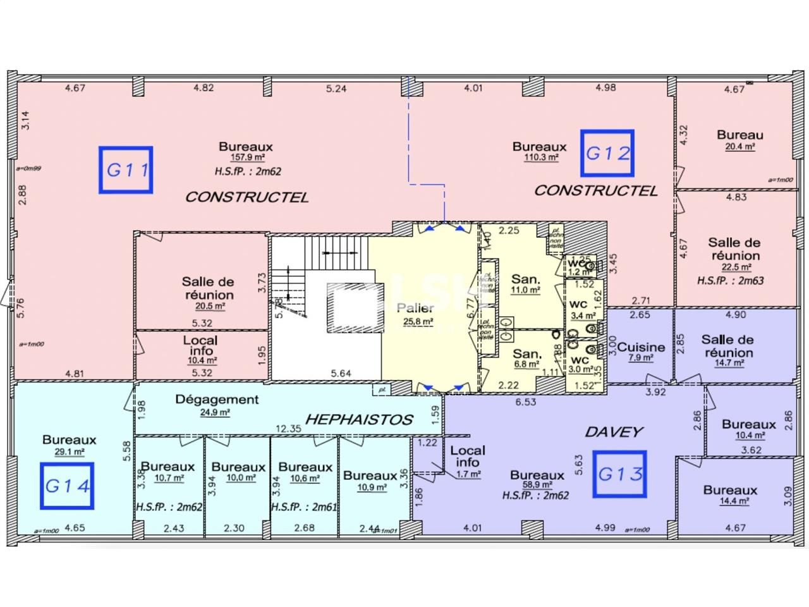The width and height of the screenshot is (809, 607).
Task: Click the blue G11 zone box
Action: point(126,169)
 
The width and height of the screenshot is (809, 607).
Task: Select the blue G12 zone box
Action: point(607,153)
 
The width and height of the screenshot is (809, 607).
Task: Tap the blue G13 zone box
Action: point(619,474)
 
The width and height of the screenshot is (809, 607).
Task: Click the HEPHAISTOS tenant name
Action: point(359,419)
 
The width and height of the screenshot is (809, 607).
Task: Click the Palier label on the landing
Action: point(415,309)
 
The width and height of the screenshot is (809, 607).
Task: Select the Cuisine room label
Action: point(641,346)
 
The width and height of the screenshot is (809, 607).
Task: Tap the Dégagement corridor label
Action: point(217,400)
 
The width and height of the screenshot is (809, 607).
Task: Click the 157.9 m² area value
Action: point(246,159)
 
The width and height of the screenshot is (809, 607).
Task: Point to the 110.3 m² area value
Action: point(540,158)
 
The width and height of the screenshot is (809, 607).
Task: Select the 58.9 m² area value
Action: point(537,486)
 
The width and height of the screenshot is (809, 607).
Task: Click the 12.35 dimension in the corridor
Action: point(288,429)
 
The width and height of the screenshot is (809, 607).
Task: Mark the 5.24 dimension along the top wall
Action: point(336,89)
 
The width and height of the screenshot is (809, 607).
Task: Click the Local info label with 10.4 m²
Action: point(200,345)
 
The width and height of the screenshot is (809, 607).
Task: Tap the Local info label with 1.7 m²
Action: point(468,456)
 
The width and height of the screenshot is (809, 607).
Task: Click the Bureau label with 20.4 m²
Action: point(740,135)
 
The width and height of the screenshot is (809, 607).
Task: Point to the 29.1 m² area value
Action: point(70,452)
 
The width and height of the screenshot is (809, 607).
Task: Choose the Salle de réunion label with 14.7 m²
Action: point(727,346)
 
